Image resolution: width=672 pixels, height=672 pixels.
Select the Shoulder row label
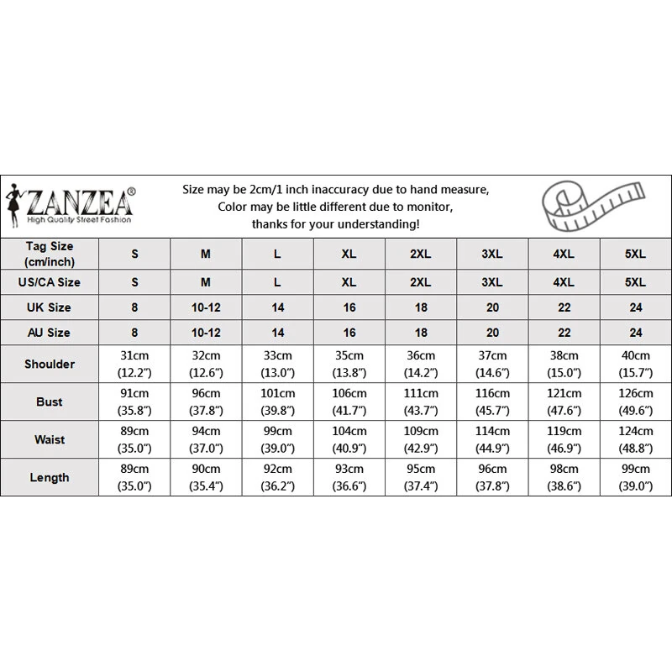[50, 364]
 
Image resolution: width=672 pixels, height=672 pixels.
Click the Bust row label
[50, 402]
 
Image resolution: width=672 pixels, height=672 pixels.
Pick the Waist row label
[50, 439]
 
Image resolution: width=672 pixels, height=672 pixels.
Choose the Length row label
[50, 477]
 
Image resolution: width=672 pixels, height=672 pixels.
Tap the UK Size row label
[50, 307]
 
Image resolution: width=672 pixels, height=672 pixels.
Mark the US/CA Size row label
[50, 282]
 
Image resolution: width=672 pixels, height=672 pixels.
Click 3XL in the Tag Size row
[492, 252]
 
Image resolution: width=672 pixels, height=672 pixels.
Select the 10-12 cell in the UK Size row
[206, 307]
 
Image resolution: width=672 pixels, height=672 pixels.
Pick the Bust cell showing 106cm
[349, 402]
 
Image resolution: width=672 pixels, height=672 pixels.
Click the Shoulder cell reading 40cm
[636, 364]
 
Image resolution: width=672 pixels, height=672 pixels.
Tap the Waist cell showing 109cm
[421, 439]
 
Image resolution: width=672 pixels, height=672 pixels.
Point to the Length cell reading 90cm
[206, 477]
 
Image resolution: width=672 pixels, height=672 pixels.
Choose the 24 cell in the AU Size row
[636, 332]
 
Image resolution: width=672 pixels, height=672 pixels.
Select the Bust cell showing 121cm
[564, 402]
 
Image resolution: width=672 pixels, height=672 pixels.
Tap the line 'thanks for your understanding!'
[336, 224]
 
